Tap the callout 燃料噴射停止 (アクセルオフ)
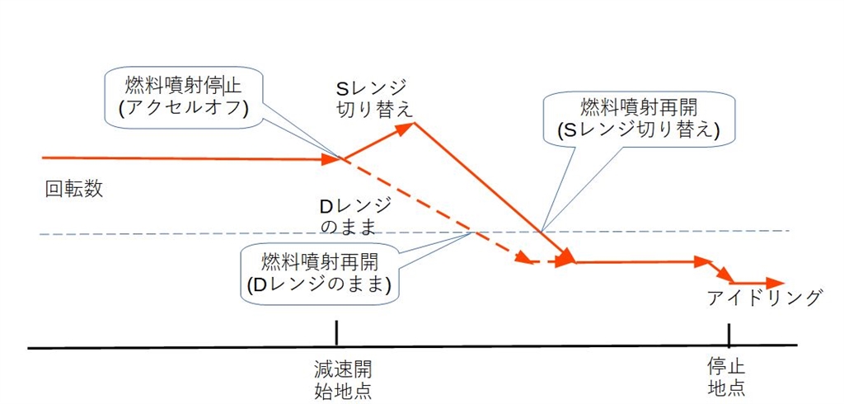[183, 98]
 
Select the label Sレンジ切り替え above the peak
[373, 98]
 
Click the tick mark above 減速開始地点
[336, 334]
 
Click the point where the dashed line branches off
[344, 158]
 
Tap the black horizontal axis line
[495, 348]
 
